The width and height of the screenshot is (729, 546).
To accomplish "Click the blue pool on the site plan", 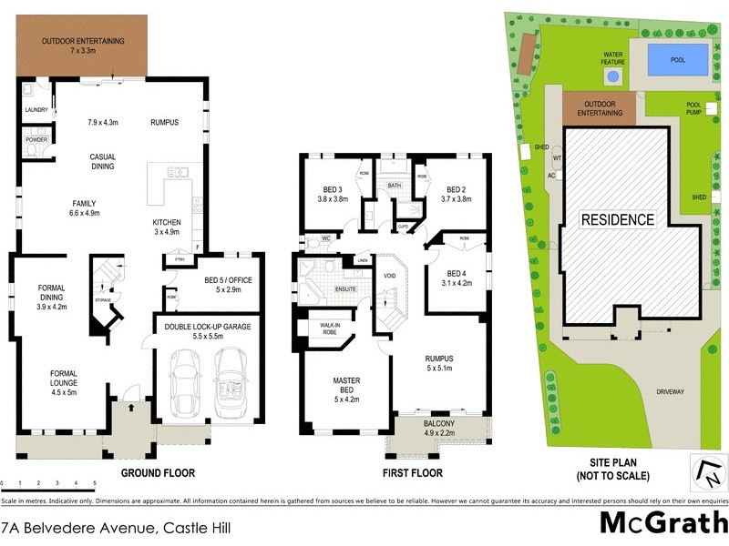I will pos(678,60).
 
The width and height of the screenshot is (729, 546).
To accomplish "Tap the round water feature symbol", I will pos(613,76).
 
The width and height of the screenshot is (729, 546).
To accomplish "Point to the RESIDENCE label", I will pos(618,219).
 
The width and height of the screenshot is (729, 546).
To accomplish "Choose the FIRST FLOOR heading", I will pos(413,473).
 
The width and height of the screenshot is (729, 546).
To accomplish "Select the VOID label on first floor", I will pos(390,274).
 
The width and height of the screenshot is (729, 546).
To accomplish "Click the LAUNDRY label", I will pos(36,110).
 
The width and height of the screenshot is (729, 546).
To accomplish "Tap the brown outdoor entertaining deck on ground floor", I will pos(83,45).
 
